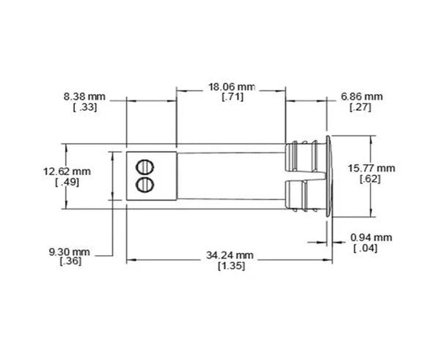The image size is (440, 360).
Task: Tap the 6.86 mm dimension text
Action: pos(362,96)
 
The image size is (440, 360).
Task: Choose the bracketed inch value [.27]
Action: pos(362,107)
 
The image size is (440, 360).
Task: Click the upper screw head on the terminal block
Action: pos(145,166)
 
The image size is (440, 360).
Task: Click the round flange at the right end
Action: pos(327,177)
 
